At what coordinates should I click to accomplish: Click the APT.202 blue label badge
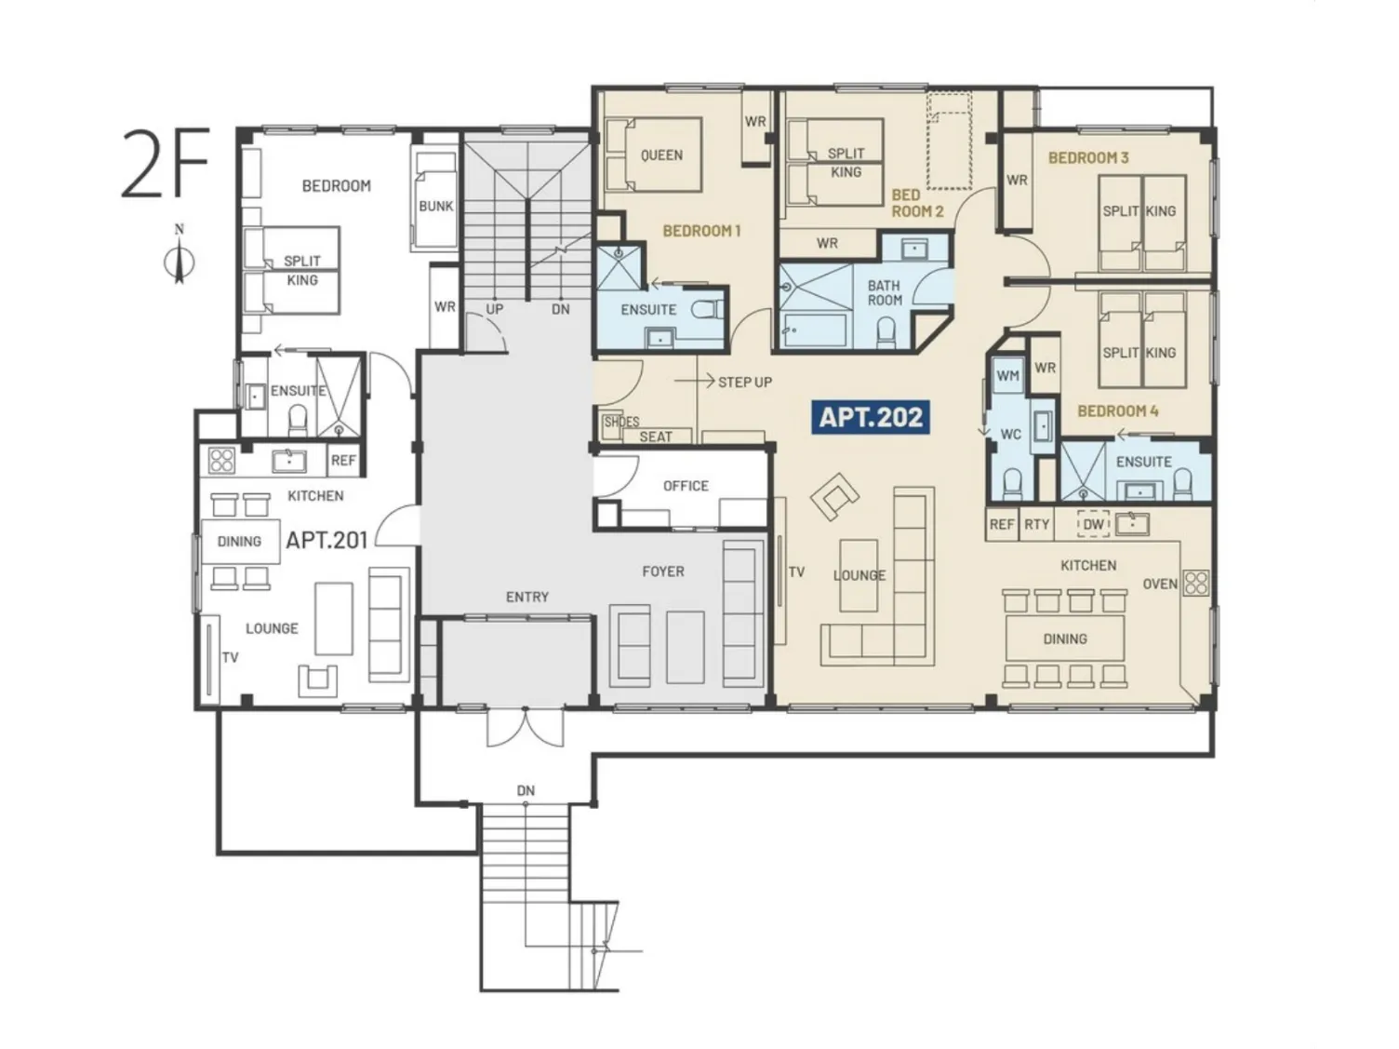870,418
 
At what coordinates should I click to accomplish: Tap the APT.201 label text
326,541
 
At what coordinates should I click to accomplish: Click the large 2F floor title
165,162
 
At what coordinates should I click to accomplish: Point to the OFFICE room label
686,486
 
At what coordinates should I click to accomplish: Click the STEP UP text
745,382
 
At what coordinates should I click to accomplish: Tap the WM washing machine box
1007,376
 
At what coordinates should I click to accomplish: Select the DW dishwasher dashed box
1093,524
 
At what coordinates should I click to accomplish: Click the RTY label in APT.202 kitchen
1036,524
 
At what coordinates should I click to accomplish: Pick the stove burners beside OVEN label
1195,583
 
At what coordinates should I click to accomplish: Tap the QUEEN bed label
661,155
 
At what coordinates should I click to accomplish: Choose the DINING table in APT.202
1065,639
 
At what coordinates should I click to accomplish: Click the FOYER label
663,572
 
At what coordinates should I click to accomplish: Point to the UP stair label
495,309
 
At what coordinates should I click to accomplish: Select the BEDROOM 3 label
1088,157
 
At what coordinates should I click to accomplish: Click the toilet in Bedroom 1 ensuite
708,309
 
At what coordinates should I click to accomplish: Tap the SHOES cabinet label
621,422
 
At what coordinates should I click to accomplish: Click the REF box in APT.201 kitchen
343,460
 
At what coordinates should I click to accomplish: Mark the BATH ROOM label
885,292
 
